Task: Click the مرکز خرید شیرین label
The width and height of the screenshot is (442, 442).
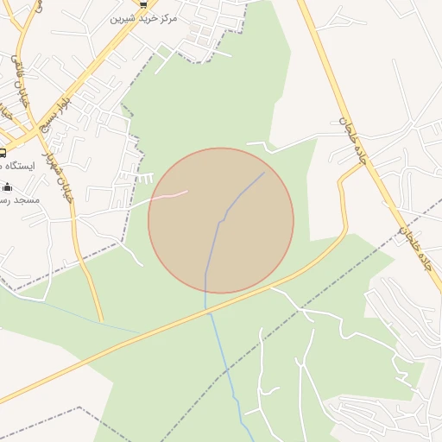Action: (144, 17)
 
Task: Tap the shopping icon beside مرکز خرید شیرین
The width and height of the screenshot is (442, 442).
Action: (143, 4)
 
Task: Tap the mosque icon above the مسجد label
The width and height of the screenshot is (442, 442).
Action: (8, 186)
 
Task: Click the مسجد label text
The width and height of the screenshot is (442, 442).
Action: (20, 199)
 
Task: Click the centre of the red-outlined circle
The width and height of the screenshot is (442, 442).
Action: (221, 220)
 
